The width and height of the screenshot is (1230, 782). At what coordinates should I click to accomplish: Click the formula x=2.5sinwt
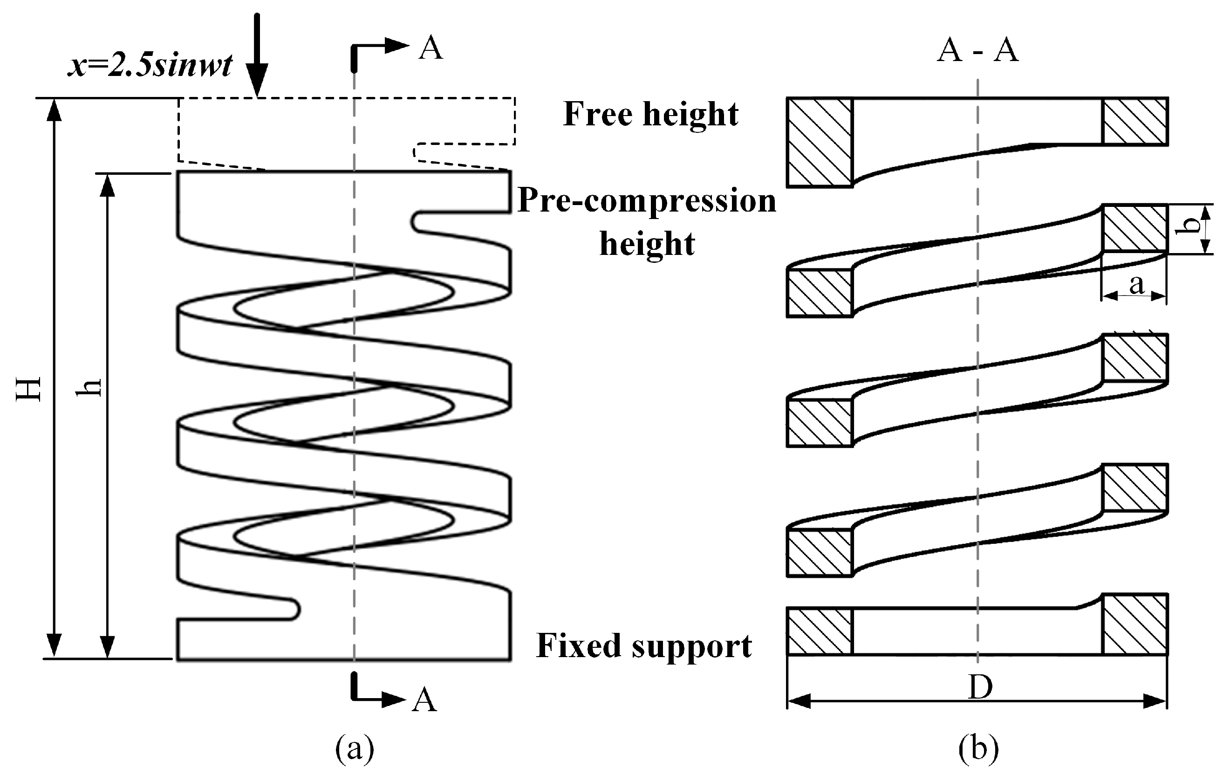(x=150, y=65)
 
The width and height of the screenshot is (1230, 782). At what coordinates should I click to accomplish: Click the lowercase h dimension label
(x=89, y=388)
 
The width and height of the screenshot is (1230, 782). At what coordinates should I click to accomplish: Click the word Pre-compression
(x=647, y=201)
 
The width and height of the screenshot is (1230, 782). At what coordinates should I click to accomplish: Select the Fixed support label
(x=643, y=645)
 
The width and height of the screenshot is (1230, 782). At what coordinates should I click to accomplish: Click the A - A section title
(x=977, y=51)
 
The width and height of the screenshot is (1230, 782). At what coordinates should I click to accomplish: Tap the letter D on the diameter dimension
(x=980, y=687)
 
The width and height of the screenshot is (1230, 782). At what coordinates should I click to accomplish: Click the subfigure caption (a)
(x=355, y=749)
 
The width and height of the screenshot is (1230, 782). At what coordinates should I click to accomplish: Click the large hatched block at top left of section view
(x=820, y=142)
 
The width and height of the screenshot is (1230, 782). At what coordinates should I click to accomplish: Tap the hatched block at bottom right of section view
(x=1135, y=624)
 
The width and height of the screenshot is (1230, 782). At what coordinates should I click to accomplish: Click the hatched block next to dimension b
(x=1135, y=228)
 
